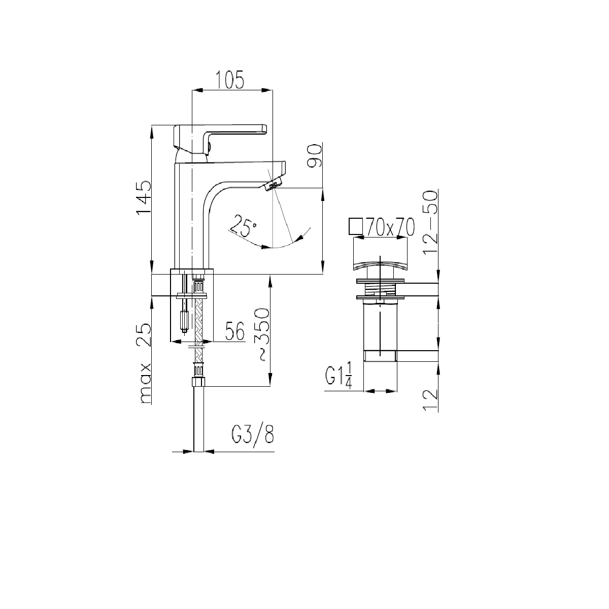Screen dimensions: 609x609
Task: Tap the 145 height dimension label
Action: (x=144, y=198)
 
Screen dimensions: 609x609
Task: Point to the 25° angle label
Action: (x=243, y=226)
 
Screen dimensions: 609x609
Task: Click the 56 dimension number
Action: (x=235, y=331)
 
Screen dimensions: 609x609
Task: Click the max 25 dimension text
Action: (x=144, y=363)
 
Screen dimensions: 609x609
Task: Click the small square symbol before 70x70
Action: (x=356, y=226)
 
